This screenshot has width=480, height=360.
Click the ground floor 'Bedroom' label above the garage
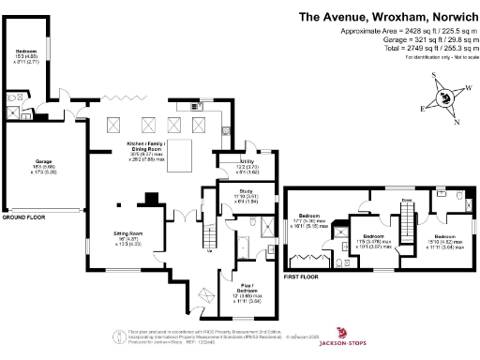pyautogui.click(x=25, y=51)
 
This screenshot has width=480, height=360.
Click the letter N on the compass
pyautogui.click(x=457, y=121)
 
